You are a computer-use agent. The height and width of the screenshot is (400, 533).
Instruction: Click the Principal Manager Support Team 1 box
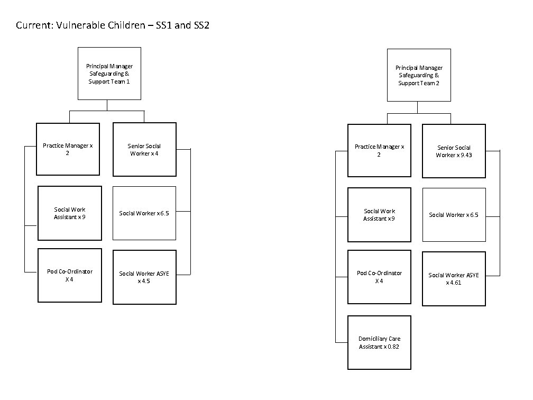tap(109, 74)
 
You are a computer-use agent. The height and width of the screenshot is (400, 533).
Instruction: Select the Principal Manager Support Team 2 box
tap(419, 75)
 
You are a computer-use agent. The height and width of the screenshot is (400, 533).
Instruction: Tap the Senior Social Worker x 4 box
tap(144, 149)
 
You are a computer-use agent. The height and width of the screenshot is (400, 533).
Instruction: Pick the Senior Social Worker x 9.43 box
tap(454, 151)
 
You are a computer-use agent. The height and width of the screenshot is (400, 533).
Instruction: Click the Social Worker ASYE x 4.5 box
tap(144, 277)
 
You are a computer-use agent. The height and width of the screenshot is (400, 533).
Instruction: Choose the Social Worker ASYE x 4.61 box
tap(454, 279)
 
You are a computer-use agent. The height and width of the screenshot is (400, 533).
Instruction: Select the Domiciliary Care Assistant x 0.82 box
tap(379, 342)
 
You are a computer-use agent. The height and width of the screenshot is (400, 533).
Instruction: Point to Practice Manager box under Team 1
tap(68, 149)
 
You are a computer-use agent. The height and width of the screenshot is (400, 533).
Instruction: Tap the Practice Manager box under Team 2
tap(379, 150)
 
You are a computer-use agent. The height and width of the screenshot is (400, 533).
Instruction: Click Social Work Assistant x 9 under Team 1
tap(69, 213)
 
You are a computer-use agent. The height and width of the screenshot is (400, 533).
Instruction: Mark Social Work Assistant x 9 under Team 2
tap(379, 215)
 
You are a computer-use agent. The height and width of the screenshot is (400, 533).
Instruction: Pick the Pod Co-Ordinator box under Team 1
tap(69, 275)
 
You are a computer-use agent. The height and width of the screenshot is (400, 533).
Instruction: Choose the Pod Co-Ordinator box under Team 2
tap(379, 277)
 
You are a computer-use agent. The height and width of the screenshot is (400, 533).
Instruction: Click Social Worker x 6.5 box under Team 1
tap(144, 213)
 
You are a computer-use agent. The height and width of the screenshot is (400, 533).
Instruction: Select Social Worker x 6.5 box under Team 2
tap(454, 215)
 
